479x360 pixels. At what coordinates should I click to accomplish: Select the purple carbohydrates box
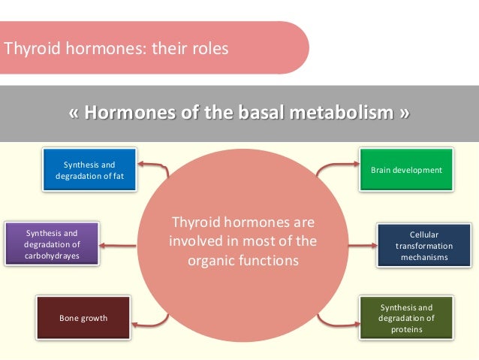(x=52, y=244)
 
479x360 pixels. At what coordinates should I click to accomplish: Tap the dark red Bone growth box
(x=83, y=318)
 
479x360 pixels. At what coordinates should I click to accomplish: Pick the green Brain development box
(x=406, y=170)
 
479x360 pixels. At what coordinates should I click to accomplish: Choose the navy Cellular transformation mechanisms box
(x=423, y=246)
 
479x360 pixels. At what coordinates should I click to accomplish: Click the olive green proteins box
(x=407, y=318)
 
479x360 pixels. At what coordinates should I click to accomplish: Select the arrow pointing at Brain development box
(x=338, y=166)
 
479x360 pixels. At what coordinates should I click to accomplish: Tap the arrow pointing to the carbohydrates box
(x=124, y=244)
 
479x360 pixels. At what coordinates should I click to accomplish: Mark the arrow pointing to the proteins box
(x=339, y=321)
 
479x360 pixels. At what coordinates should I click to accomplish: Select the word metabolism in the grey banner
(x=342, y=113)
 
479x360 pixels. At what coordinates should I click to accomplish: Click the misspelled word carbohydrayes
(x=52, y=256)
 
